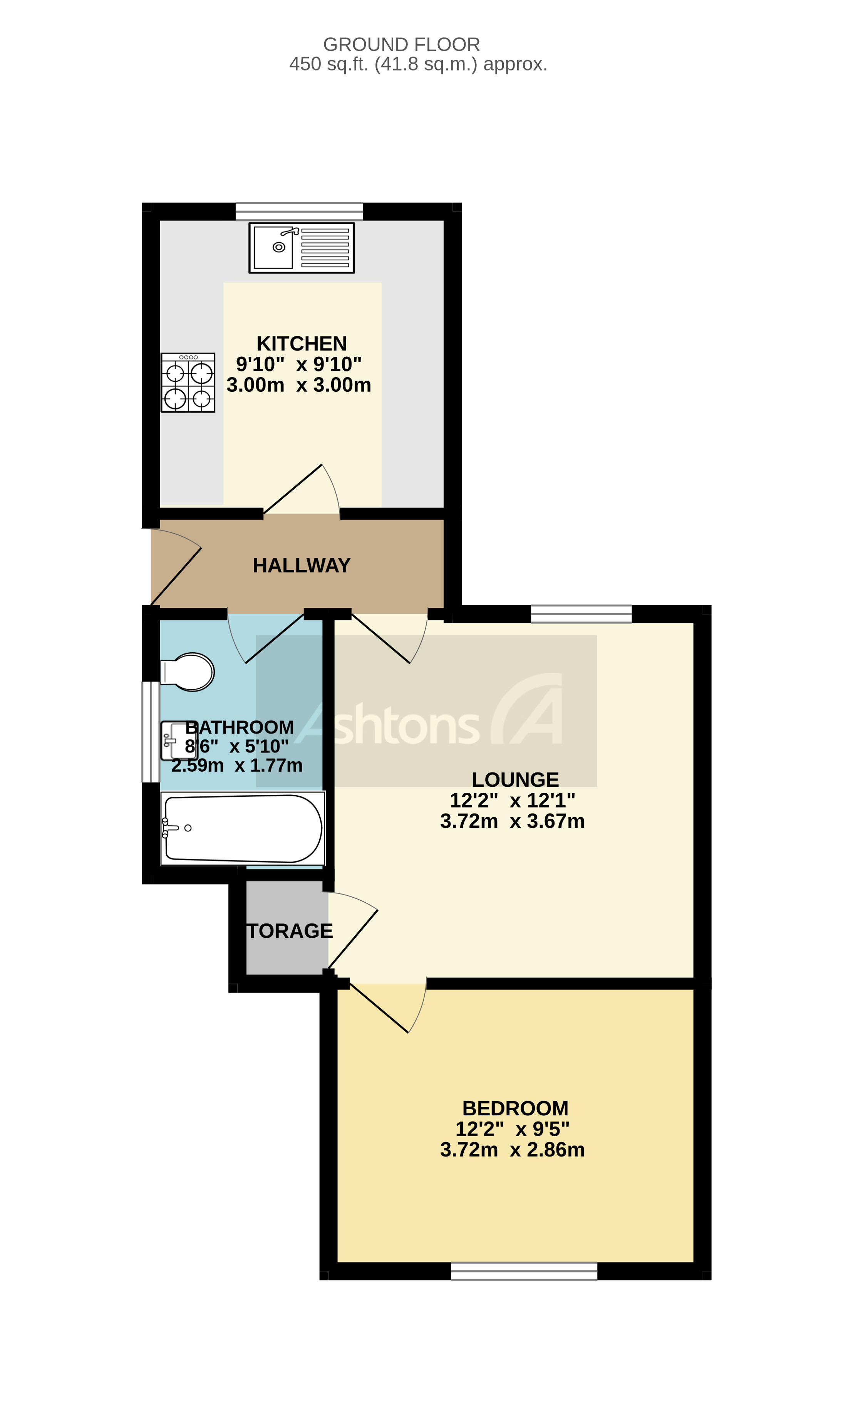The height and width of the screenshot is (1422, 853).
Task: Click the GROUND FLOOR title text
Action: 401,44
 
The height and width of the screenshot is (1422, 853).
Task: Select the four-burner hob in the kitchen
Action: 188,383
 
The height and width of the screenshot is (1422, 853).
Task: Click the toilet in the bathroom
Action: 188,672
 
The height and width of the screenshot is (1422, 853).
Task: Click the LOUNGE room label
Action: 515,780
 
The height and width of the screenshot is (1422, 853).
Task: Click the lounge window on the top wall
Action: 581,614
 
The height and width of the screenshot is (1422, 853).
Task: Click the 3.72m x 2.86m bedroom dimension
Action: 512,1150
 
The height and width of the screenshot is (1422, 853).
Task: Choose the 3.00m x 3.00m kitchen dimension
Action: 299,384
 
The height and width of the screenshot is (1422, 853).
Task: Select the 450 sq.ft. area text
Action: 418,64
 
